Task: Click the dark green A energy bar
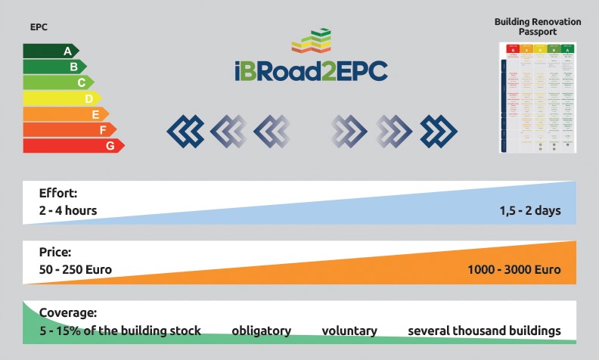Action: pos(49,51)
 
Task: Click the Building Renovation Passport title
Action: pos(538,27)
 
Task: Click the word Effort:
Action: pos(58,193)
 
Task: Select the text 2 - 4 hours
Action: pos(68,210)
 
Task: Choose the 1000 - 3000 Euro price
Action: pos(515,269)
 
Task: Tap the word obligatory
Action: pos(261,331)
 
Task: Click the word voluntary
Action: pos(349,331)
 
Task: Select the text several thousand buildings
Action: pos(484,331)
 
